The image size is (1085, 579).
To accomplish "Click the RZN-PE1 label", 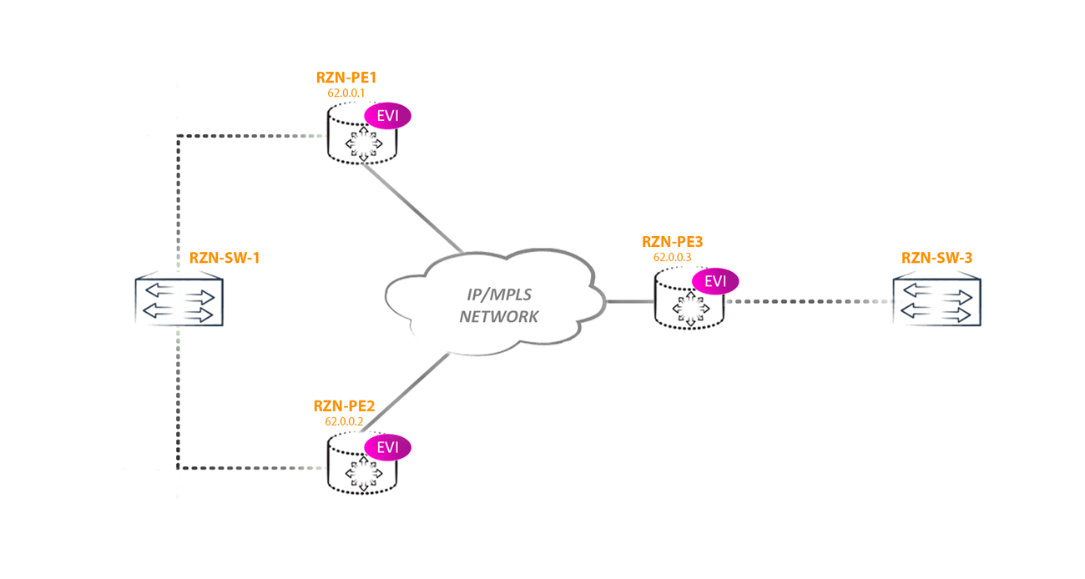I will (x=346, y=78).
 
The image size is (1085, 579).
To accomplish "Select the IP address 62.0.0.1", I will (x=346, y=93).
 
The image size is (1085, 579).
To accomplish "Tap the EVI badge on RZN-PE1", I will (x=388, y=116).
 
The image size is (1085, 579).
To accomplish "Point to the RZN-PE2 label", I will (x=344, y=406).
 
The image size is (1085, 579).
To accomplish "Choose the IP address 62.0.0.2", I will (x=344, y=421).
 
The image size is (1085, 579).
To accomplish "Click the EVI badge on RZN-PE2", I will (x=388, y=447).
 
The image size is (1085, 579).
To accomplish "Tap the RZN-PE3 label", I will (x=672, y=242).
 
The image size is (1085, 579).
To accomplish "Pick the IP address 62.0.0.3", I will (x=672, y=257).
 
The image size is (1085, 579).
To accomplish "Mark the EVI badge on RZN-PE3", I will (x=715, y=281).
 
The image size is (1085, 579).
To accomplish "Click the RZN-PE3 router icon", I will (x=689, y=305).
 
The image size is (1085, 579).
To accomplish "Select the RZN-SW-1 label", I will (x=225, y=258).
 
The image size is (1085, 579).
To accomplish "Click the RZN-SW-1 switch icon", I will (x=179, y=302).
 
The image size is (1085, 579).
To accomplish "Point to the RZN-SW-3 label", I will (x=936, y=258).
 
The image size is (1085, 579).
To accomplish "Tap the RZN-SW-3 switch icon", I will (x=936, y=302).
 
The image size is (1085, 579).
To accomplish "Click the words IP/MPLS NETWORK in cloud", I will (x=498, y=306).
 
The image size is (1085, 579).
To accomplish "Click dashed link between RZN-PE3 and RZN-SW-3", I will (x=805, y=300).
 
